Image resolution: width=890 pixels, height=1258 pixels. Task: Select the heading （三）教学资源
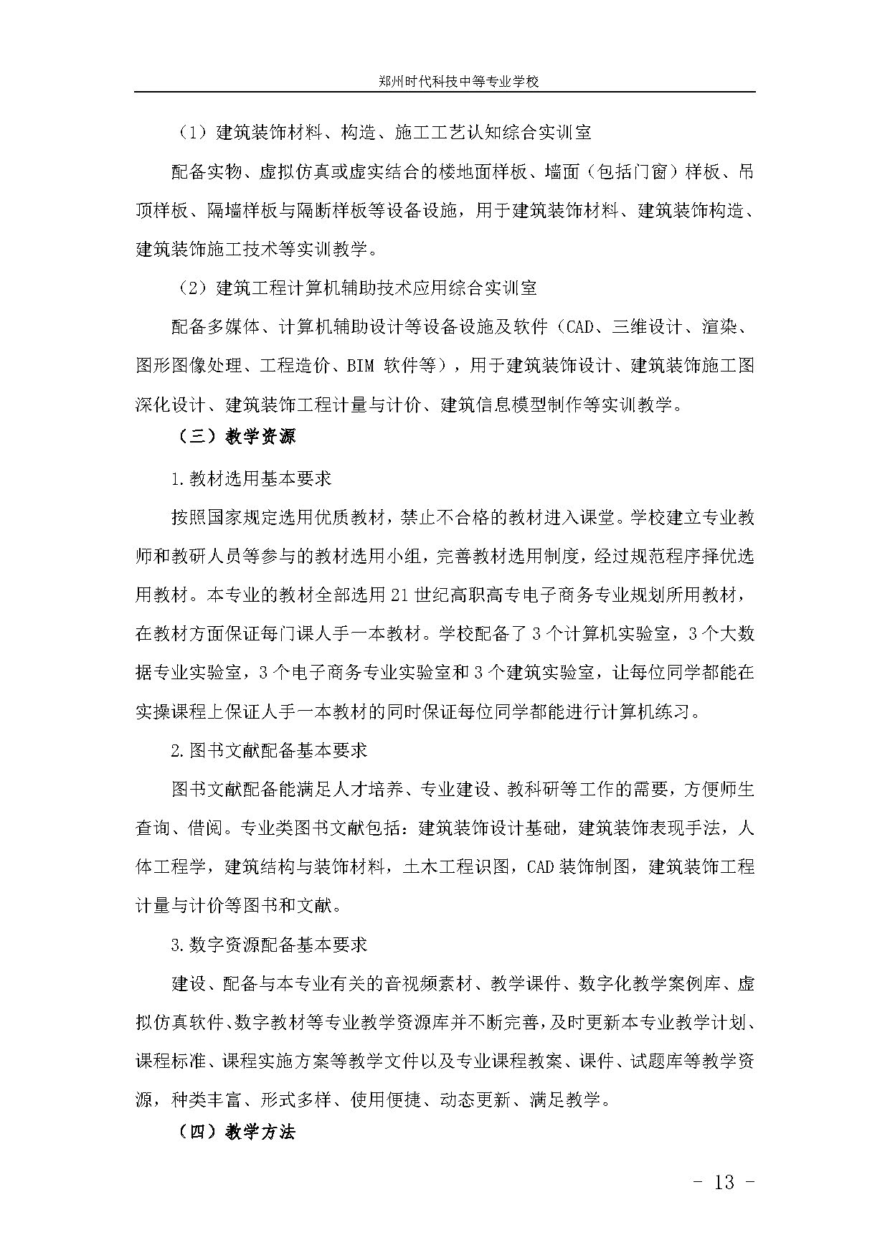236,437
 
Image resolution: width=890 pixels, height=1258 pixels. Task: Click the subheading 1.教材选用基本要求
251,478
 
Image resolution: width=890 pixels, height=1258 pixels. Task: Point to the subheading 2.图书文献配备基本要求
269,751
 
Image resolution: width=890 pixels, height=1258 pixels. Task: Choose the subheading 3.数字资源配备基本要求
269,945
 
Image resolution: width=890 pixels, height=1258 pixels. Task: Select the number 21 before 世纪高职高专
399,595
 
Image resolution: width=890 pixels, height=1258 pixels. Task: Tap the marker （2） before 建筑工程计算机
193,288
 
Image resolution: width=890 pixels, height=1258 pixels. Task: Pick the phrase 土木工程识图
457,867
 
